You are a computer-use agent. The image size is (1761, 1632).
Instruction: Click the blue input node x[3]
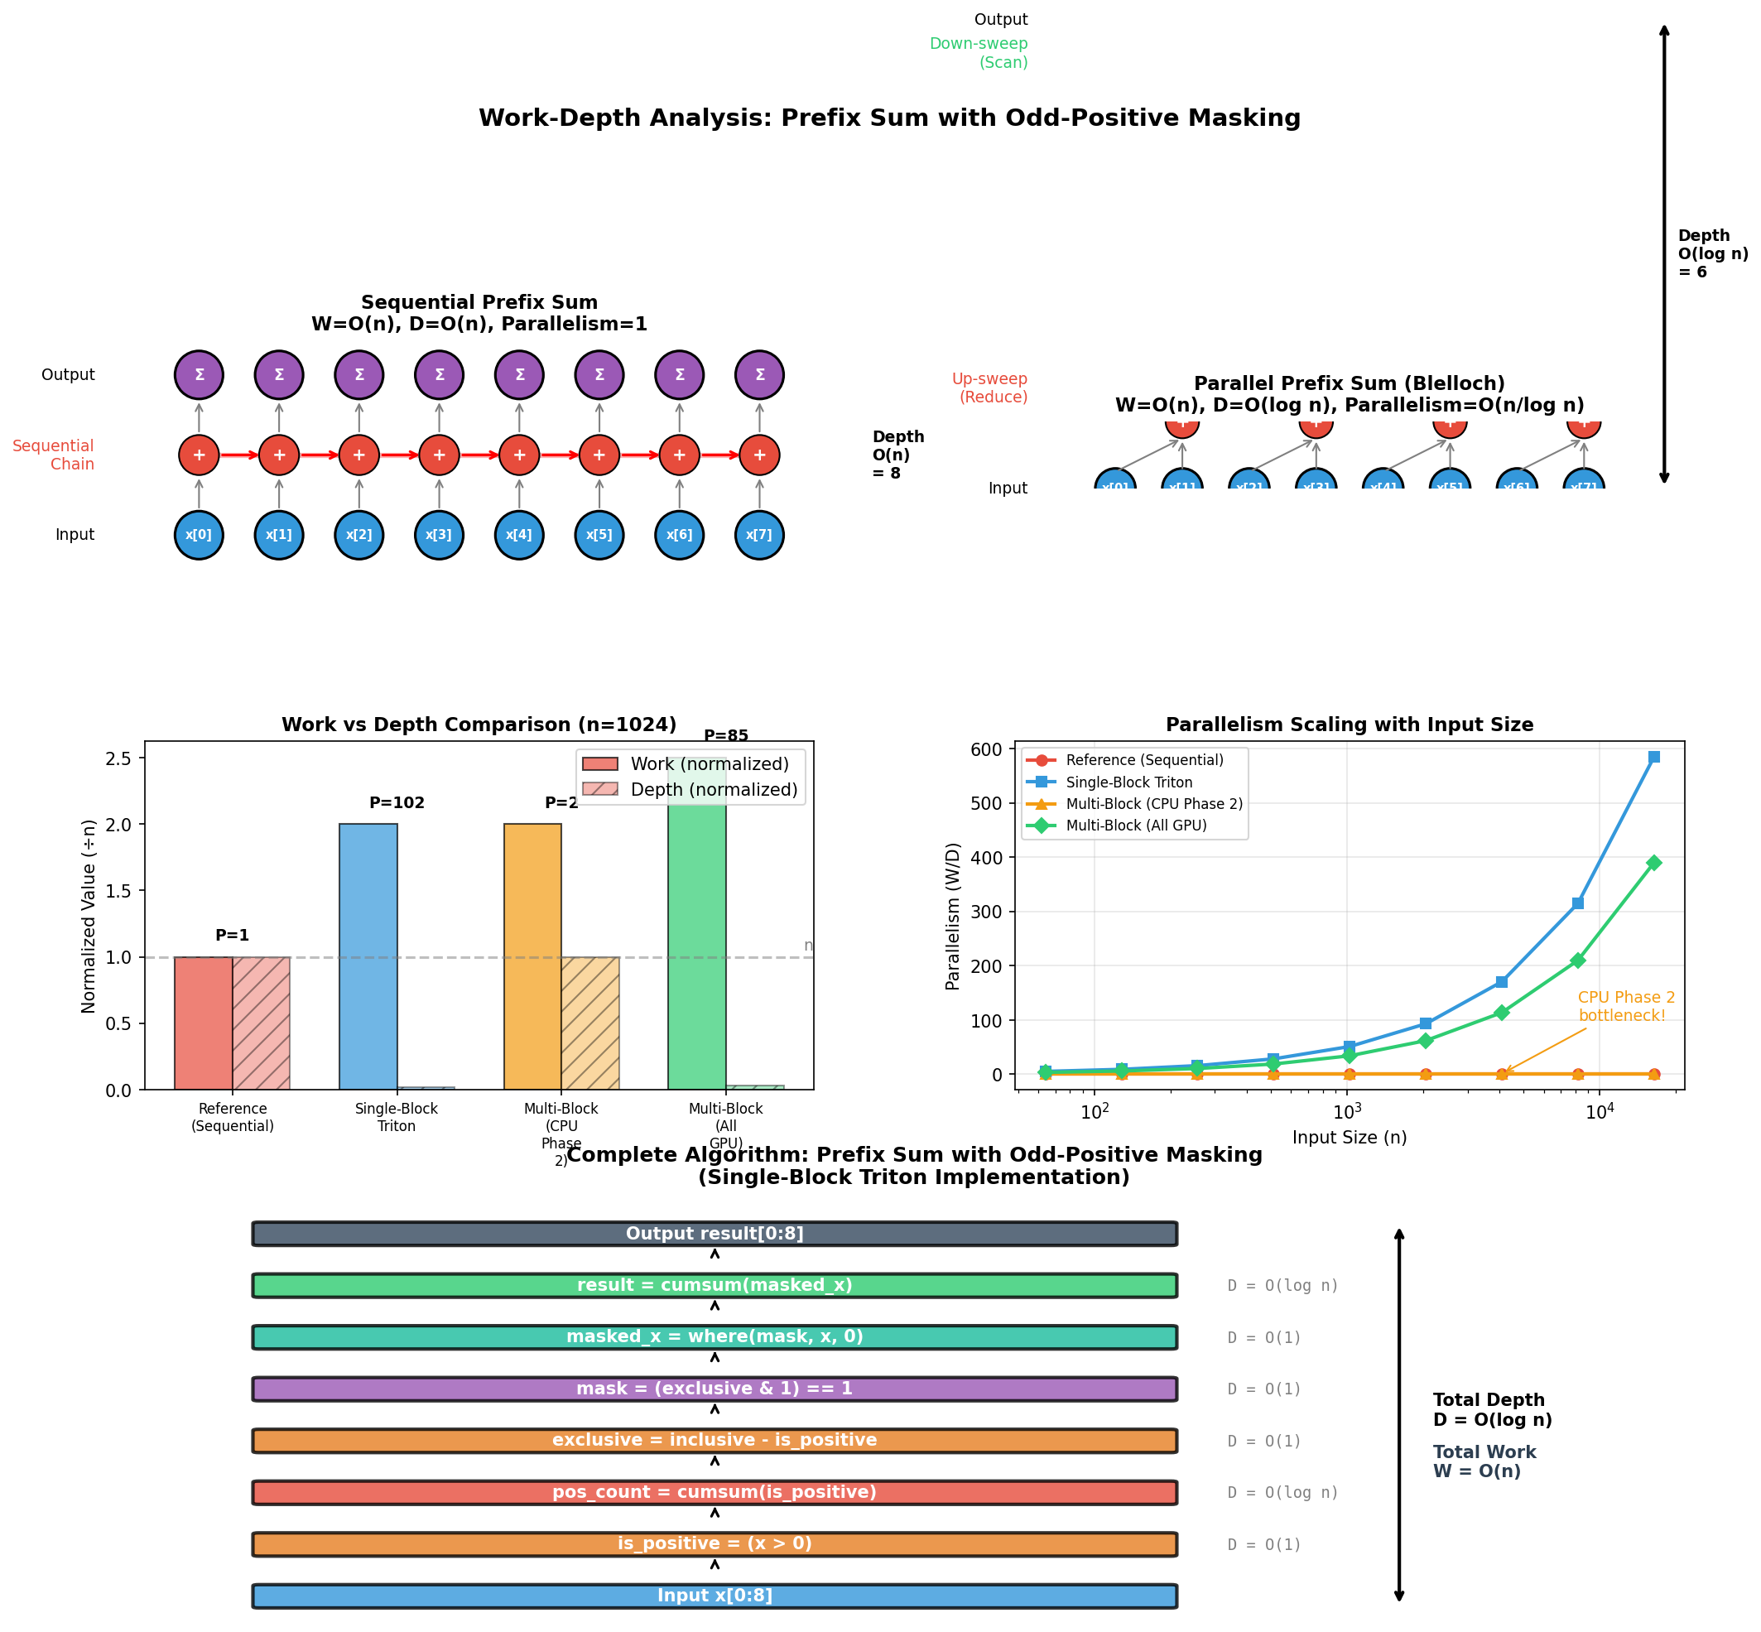click(x=438, y=534)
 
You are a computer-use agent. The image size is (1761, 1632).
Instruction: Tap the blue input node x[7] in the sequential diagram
click(x=758, y=534)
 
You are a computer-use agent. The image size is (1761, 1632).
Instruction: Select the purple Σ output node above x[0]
click(x=199, y=374)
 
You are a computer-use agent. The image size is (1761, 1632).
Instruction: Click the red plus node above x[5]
click(x=599, y=455)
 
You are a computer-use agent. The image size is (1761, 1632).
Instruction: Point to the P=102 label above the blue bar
click(x=397, y=803)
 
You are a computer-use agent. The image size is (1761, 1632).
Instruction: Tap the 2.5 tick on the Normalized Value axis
click(x=123, y=758)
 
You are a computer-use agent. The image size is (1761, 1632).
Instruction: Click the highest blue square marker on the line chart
click(x=1653, y=757)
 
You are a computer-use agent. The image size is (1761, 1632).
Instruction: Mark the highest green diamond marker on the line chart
click(x=1653, y=863)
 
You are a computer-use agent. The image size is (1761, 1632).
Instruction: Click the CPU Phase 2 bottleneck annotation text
click(x=1625, y=1006)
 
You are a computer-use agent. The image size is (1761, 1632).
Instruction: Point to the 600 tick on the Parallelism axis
click(x=990, y=749)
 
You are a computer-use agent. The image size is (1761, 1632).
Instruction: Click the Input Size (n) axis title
click(x=1349, y=1138)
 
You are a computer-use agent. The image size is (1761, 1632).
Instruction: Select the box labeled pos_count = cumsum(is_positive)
click(x=714, y=1492)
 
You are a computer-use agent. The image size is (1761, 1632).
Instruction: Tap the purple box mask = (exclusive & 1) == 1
click(x=714, y=1389)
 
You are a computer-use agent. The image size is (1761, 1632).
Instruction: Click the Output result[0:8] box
click(x=714, y=1234)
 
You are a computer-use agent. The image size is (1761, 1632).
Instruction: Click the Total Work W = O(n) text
click(x=1484, y=1461)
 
